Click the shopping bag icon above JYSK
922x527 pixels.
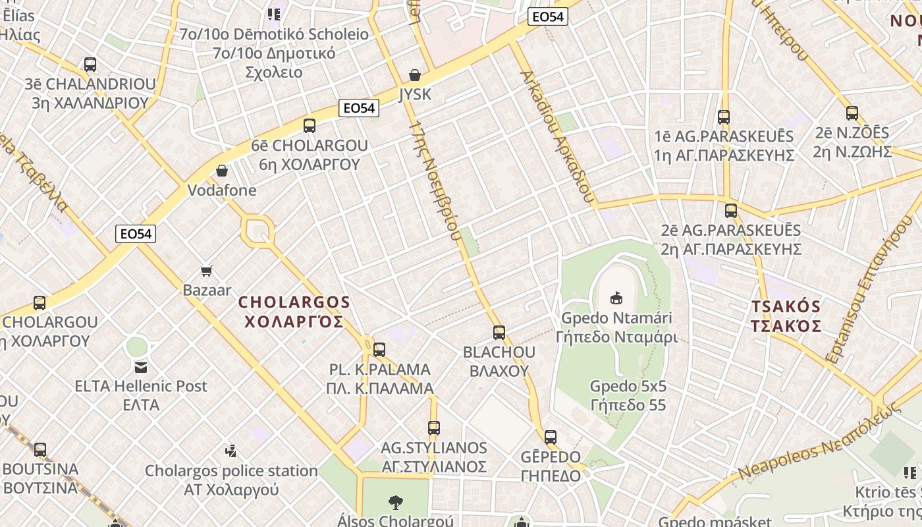(x=415, y=75)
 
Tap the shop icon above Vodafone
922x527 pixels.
(x=222, y=171)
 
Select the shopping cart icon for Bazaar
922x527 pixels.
(x=207, y=271)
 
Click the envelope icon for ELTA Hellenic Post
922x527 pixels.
(x=141, y=367)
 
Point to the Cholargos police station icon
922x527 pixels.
(x=230, y=451)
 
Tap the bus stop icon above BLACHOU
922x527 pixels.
(x=499, y=333)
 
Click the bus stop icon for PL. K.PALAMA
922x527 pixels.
(x=379, y=350)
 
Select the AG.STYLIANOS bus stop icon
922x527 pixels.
(x=433, y=428)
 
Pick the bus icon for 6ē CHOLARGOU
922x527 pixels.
(x=309, y=126)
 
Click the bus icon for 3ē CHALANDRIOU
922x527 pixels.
(x=90, y=65)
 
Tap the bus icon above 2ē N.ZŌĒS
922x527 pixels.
(x=852, y=113)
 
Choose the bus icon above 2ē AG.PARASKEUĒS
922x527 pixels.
(x=730, y=211)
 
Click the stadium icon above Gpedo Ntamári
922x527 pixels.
(x=616, y=298)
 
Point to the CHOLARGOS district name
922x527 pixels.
(x=294, y=312)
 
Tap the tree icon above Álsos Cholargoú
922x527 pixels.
(x=396, y=503)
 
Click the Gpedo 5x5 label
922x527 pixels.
(x=628, y=395)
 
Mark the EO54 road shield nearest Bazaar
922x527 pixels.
(x=136, y=234)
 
